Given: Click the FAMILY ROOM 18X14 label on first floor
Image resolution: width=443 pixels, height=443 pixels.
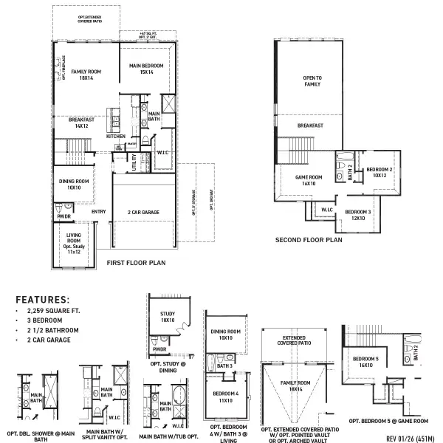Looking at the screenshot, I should point(86,75).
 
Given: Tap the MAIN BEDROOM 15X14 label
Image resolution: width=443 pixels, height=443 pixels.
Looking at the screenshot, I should point(146,69).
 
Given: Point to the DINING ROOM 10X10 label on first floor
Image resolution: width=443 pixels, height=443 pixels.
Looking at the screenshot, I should point(74,185).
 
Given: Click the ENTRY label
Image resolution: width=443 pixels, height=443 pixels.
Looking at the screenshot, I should point(98,212).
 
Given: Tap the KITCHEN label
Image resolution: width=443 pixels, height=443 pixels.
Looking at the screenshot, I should point(116,137).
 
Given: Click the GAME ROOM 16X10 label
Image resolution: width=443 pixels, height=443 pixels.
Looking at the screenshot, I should point(309,181).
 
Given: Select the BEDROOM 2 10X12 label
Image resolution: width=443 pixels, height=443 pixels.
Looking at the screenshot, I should point(380,173).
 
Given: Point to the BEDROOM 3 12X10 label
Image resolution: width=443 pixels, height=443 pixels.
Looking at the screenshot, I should point(358,215).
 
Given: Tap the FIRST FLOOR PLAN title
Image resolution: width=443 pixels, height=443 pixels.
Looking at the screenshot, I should point(136,262).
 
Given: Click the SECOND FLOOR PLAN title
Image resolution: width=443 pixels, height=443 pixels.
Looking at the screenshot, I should point(309,240).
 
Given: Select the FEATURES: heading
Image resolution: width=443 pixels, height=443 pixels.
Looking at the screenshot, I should point(43,301).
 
